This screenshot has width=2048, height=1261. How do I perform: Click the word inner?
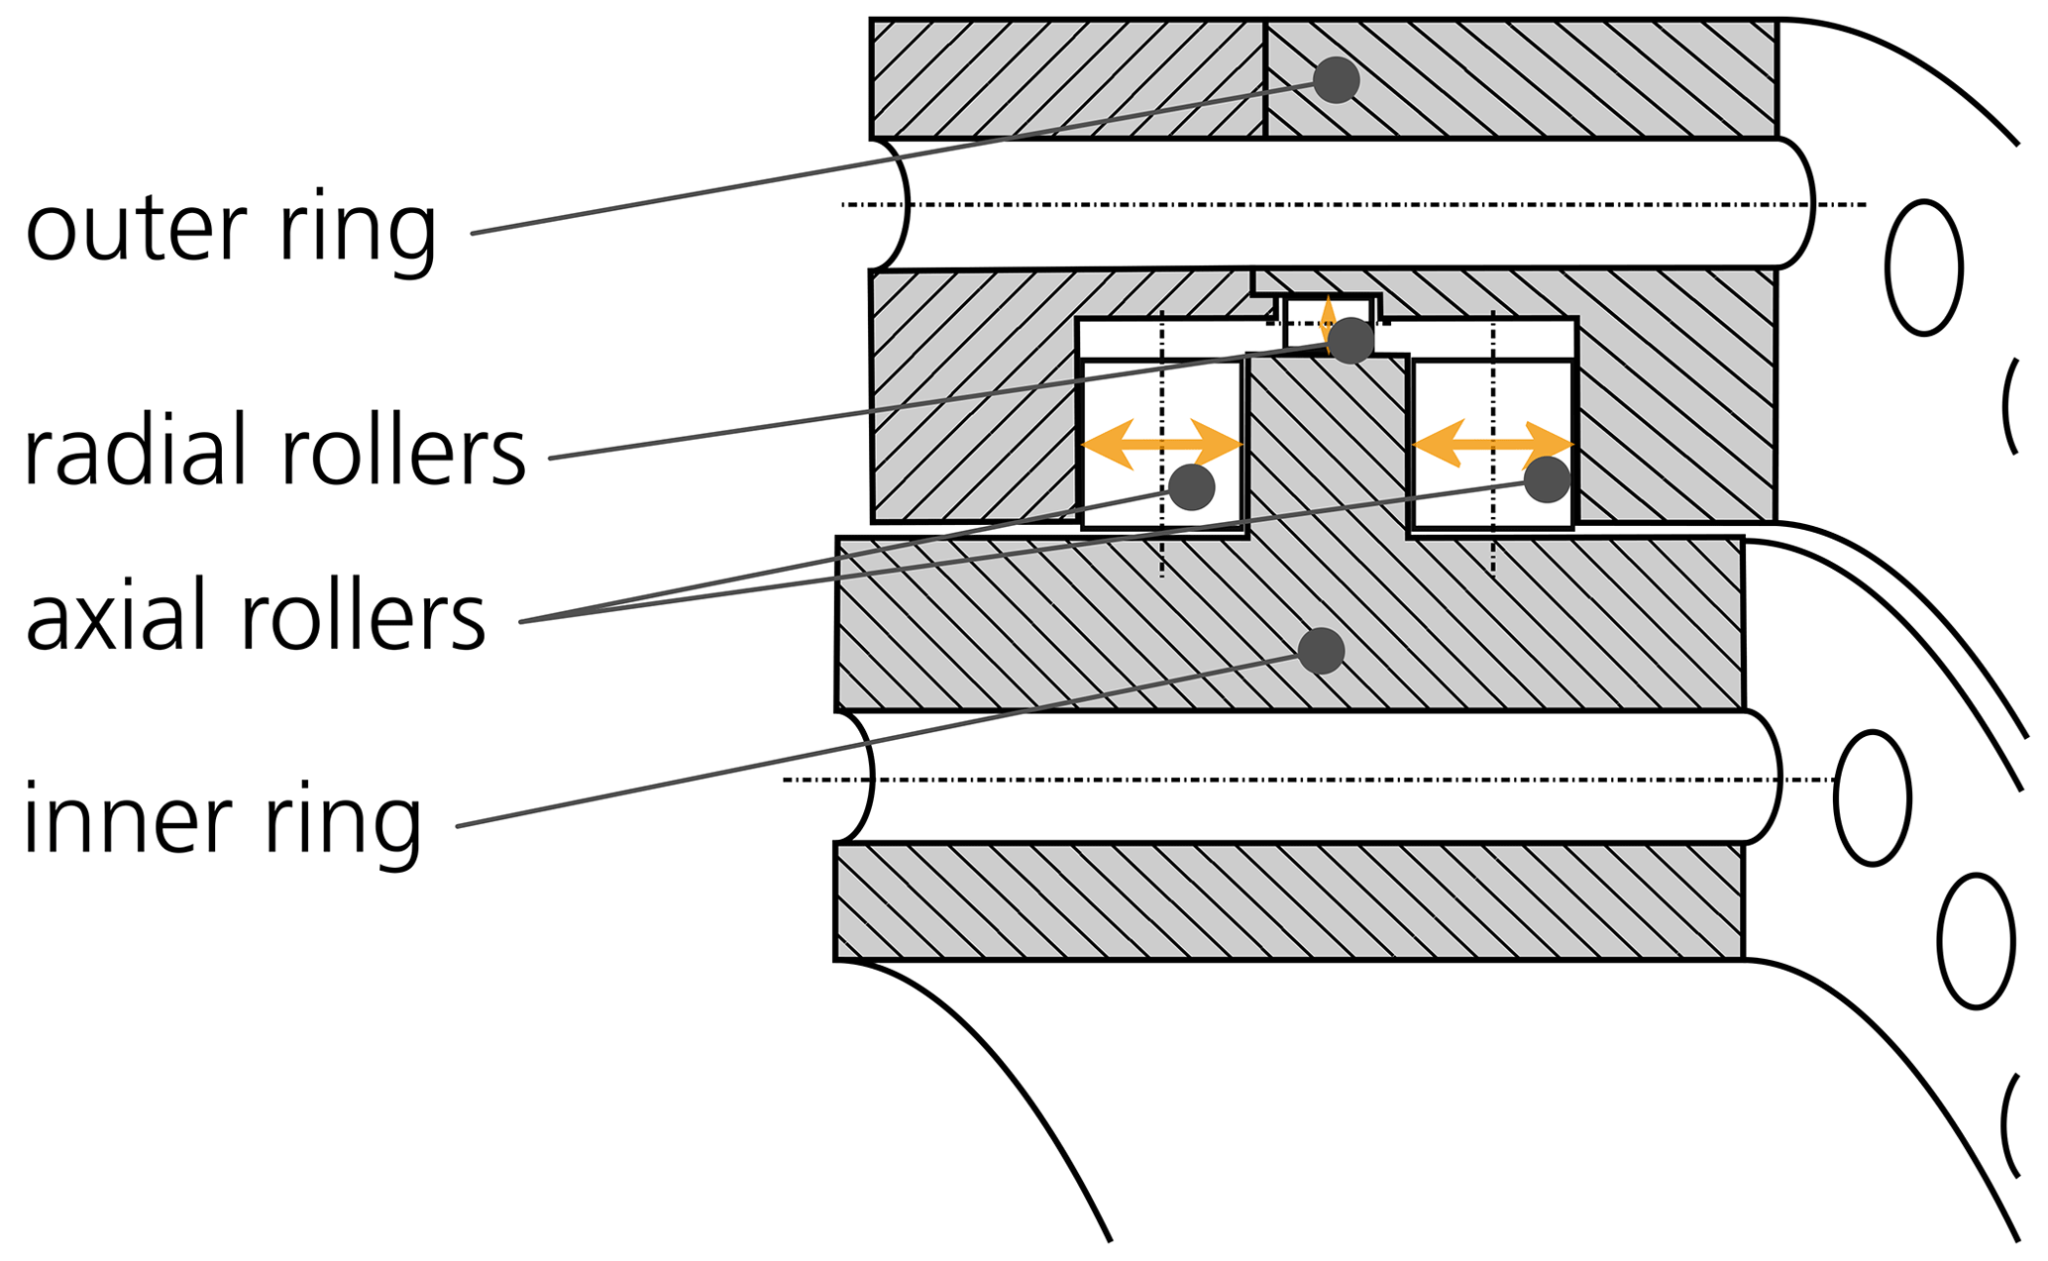coord(123,817)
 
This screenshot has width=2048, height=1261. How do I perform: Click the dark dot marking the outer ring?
coord(1337,80)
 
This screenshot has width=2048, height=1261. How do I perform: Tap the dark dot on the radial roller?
coord(1351,341)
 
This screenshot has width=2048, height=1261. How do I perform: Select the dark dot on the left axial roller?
coord(1192,486)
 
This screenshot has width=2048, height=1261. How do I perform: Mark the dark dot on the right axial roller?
coord(1548,479)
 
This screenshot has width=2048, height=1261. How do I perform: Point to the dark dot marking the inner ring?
coord(1322,651)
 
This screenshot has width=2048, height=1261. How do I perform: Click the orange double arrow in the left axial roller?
coord(1161,444)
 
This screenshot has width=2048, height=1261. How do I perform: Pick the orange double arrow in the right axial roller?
coord(1493,444)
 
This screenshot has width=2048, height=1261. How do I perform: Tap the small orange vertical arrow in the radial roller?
coord(1328,323)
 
